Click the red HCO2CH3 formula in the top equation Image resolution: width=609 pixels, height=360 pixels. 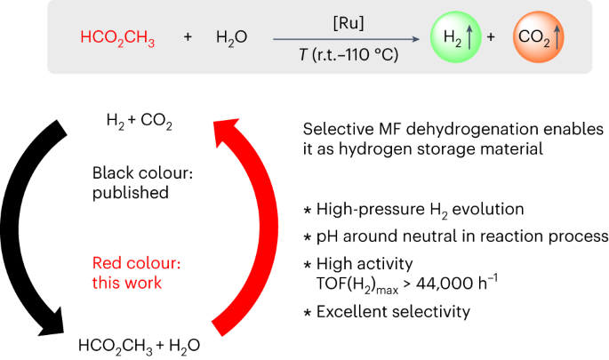(x=118, y=39)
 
